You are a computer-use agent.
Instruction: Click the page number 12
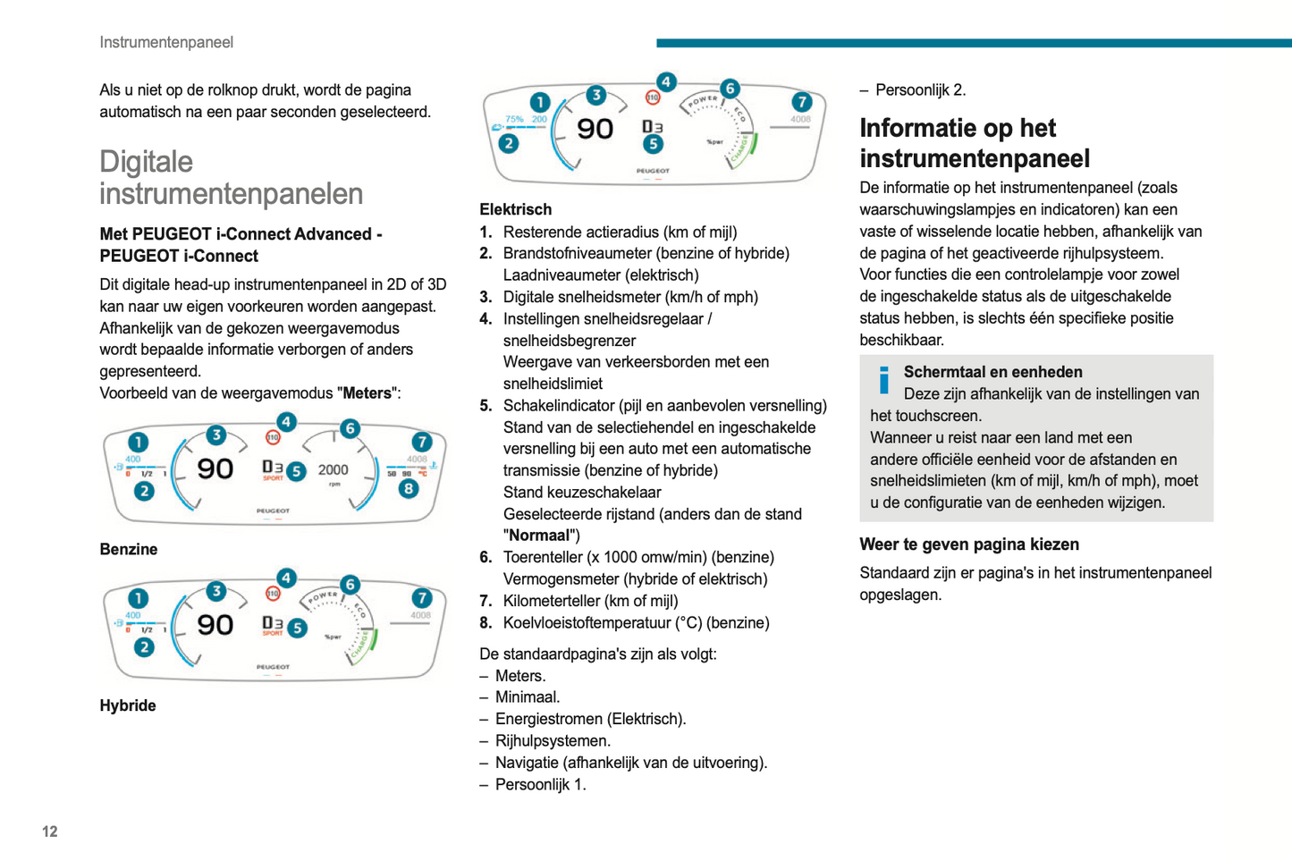tap(50, 831)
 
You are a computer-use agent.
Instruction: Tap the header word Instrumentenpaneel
tap(166, 42)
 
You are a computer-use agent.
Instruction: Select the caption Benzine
tap(129, 549)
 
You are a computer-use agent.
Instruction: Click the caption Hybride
tap(128, 705)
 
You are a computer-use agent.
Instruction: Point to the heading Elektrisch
tap(516, 209)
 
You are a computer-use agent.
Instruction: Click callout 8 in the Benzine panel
tap(409, 488)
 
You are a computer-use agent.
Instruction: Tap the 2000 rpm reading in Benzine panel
tap(333, 469)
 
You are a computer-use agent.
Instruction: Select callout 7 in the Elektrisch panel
tap(801, 102)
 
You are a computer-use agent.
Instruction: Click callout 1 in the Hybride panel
tap(138, 598)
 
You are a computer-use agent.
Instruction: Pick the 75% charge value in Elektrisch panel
tap(514, 118)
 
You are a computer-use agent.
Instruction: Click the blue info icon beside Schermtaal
tap(884, 380)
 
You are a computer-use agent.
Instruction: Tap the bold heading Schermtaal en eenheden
tap(992, 372)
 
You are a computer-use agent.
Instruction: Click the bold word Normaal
tap(541, 536)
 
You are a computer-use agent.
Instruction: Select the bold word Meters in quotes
tap(367, 393)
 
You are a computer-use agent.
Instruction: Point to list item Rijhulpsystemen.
tap(553, 740)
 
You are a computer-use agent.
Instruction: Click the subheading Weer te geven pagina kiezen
tap(969, 544)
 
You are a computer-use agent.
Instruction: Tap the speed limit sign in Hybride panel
tap(273, 594)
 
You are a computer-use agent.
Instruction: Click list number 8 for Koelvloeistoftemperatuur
tap(486, 622)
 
